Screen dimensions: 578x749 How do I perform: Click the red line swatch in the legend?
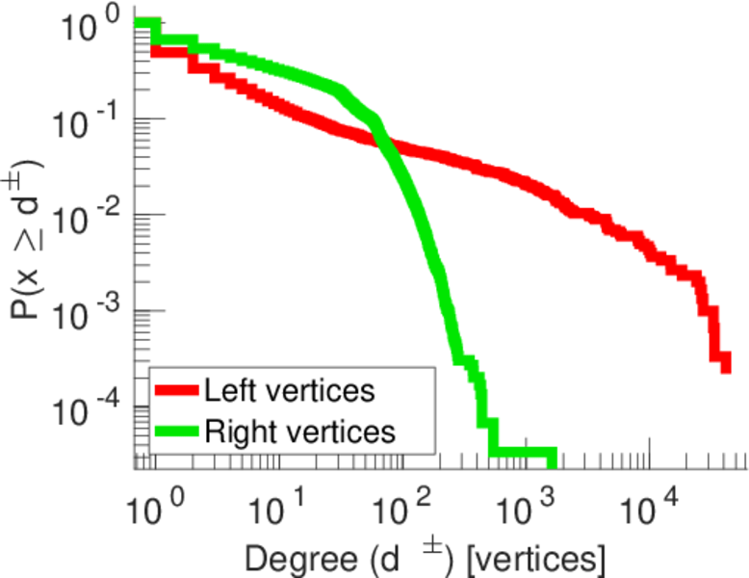pos(176,391)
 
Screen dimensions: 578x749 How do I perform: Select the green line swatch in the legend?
pos(176,431)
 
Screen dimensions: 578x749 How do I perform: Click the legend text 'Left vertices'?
pos(289,391)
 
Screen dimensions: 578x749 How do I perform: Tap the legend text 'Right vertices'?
pos(299,431)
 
